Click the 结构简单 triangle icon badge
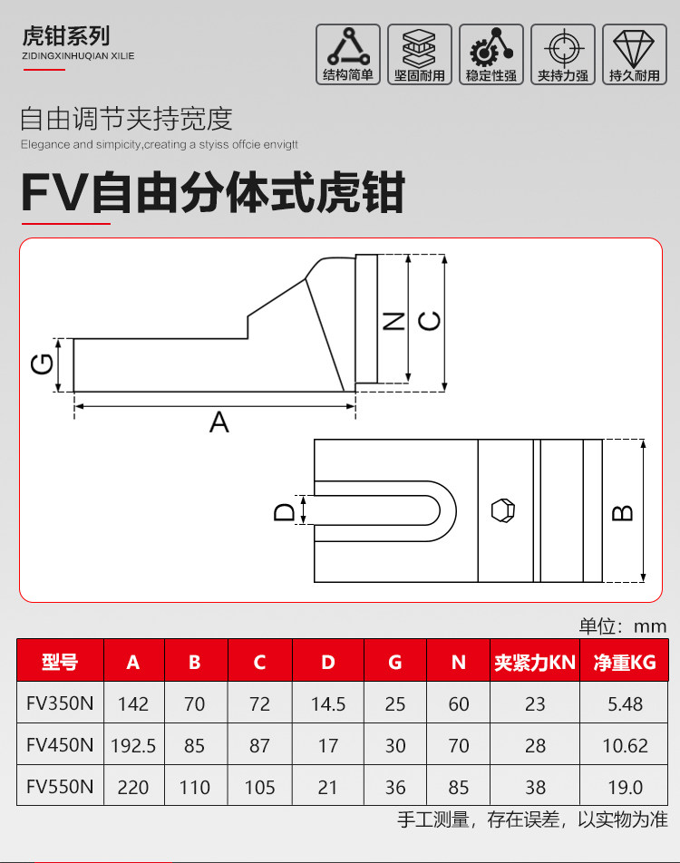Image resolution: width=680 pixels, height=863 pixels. click(348, 54)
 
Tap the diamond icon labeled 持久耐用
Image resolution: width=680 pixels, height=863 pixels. click(635, 54)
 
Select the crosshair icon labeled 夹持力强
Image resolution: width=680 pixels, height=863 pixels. click(563, 54)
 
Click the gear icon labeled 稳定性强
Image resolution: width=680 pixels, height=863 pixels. click(491, 54)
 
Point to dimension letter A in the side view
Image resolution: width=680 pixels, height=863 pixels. click(219, 422)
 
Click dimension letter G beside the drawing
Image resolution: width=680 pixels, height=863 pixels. click(43, 364)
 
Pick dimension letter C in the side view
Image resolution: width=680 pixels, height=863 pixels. click(430, 321)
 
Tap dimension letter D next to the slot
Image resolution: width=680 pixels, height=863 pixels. click(285, 512)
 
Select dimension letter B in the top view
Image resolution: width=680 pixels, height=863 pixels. click(622, 513)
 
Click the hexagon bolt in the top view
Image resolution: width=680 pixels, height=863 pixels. click(502, 510)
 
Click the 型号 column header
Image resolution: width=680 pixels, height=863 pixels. click(60, 661)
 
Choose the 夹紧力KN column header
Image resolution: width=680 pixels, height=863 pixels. click(535, 662)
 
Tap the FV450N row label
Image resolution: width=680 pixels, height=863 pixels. click(60, 744)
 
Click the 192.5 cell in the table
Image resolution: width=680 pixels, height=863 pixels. click(133, 746)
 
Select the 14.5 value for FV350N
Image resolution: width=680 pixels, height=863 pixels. click(328, 704)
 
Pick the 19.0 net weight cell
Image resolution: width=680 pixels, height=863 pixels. click(625, 788)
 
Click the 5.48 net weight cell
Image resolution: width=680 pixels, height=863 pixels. click(625, 704)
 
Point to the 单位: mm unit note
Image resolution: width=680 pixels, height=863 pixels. click(623, 625)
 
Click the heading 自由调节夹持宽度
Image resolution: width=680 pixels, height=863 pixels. click(127, 119)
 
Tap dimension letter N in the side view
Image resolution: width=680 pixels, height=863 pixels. click(393, 321)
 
